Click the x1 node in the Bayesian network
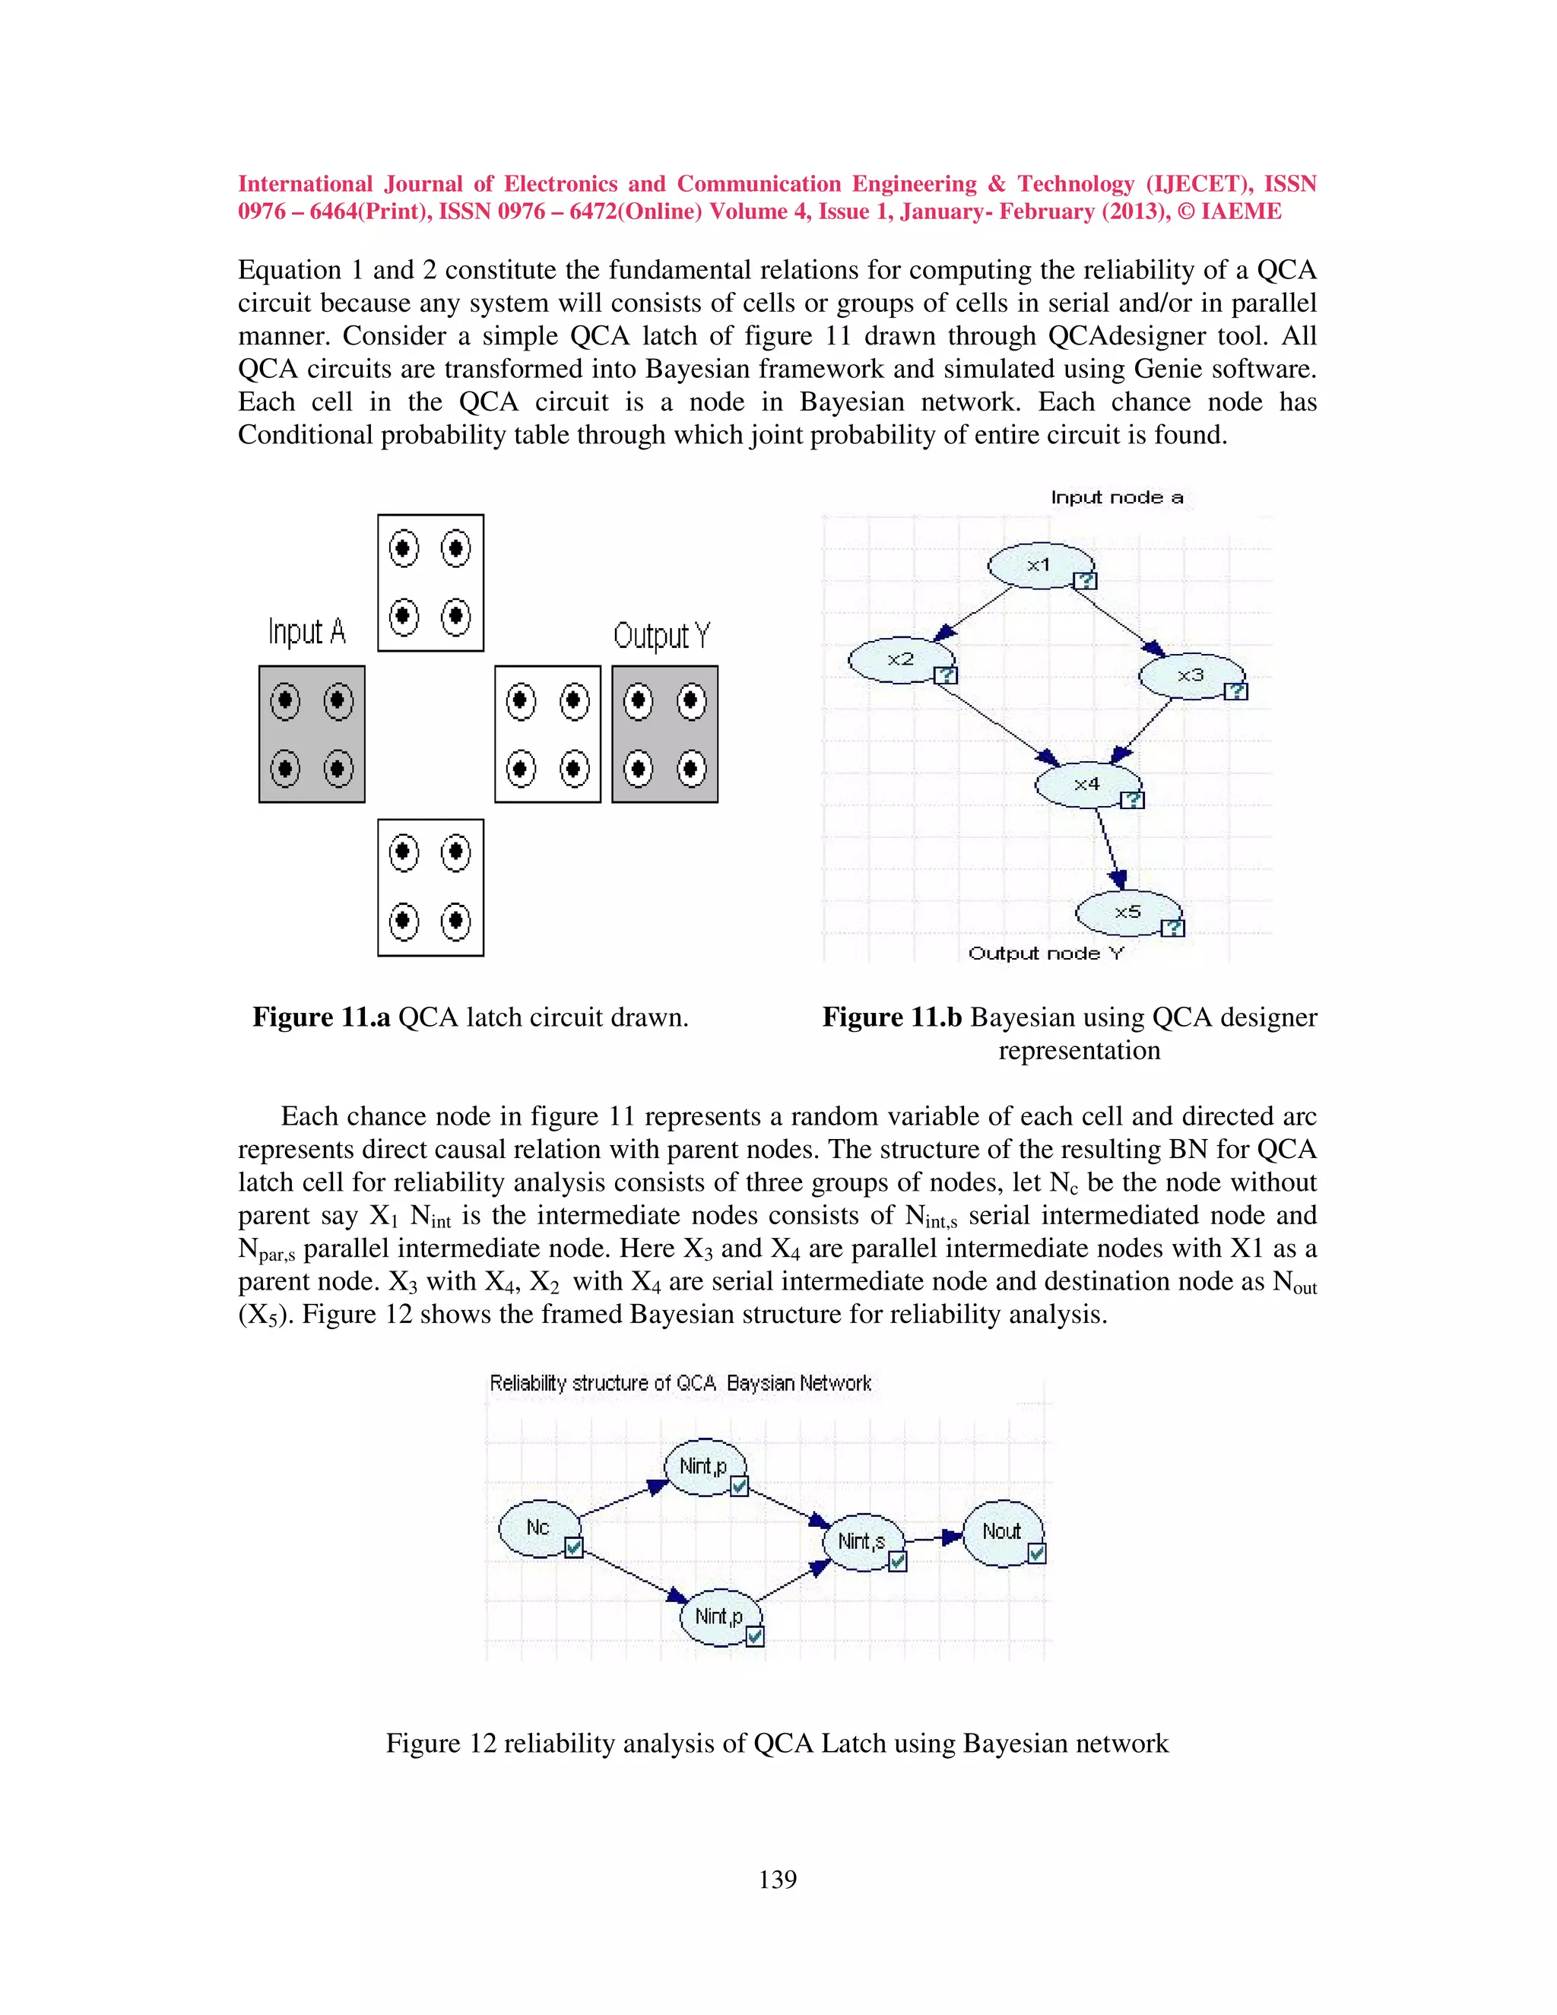pyautogui.click(x=1039, y=565)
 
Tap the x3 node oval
pyautogui.click(x=1191, y=675)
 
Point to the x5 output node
pyautogui.click(x=1127, y=912)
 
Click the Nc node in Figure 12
pyautogui.click(x=537, y=1528)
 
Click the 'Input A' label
pyautogui.click(x=306, y=632)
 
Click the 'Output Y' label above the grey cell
pyautogui.click(x=661, y=636)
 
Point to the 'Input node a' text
pyautogui.click(x=1116, y=497)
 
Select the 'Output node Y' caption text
pyautogui.click(x=1046, y=953)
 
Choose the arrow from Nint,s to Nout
pyautogui.click(x=934, y=1538)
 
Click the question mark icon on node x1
pyautogui.click(x=1086, y=580)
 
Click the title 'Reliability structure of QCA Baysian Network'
pyautogui.click(x=680, y=1383)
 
